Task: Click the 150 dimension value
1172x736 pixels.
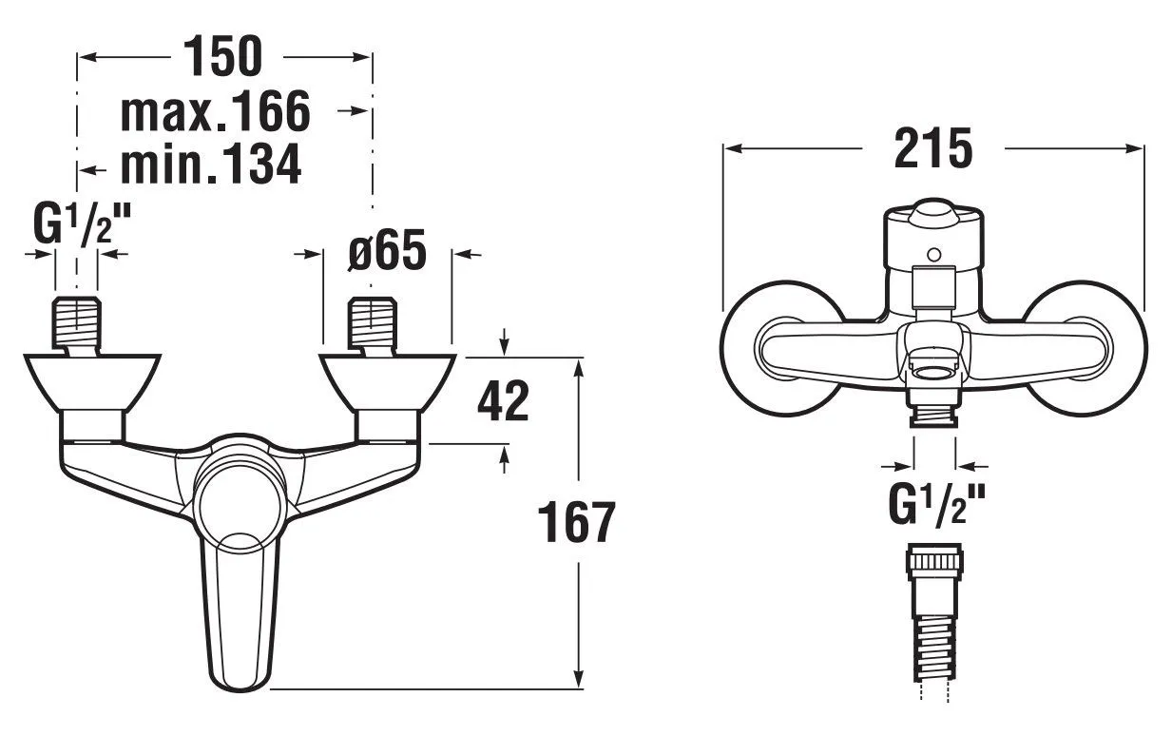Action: pos(222,56)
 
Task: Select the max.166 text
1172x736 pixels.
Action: pos(216,111)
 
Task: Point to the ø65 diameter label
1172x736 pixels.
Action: pos(387,251)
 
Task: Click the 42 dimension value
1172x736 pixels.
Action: pos(504,401)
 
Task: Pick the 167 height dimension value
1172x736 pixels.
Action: pos(577,522)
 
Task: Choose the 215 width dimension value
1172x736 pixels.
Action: pos(933,148)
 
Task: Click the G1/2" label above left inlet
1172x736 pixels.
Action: pos(81,225)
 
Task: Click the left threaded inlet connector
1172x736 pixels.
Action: pos(76,324)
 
